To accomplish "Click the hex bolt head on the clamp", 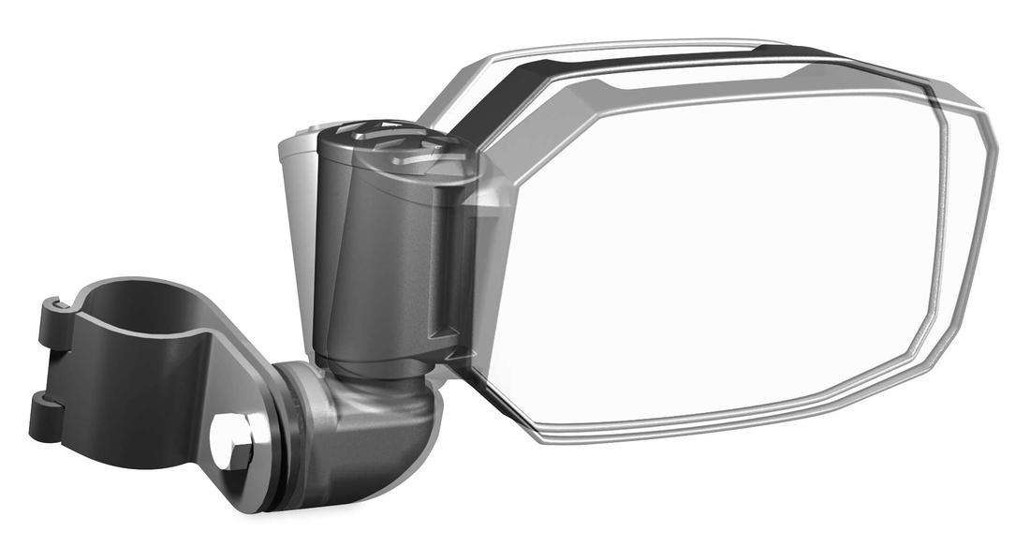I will coord(229,442).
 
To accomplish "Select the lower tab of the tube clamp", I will coord(47,416).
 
